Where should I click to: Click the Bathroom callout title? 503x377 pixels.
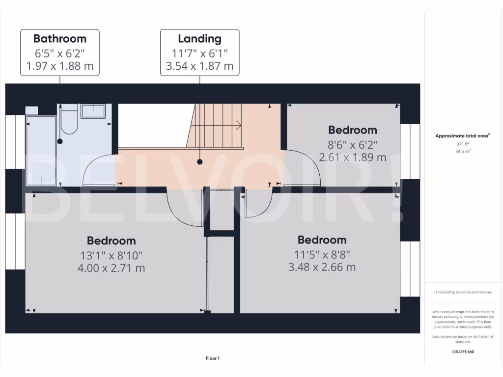(x=59, y=38)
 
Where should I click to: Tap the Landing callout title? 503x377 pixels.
(x=199, y=38)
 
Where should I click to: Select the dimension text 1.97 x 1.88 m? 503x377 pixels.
(x=59, y=66)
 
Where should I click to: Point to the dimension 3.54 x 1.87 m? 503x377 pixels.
(x=199, y=66)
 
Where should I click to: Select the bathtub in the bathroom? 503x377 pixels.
(x=41, y=150)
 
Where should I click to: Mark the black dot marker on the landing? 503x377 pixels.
(x=200, y=162)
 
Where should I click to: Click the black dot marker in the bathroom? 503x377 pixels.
(x=60, y=141)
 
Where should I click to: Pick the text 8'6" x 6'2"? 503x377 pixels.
(x=352, y=144)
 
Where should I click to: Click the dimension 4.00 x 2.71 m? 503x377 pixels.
(x=111, y=268)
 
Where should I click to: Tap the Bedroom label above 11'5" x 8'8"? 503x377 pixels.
(x=322, y=240)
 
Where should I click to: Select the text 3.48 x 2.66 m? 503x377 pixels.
(x=322, y=267)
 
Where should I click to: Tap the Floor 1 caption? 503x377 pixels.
(x=213, y=358)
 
